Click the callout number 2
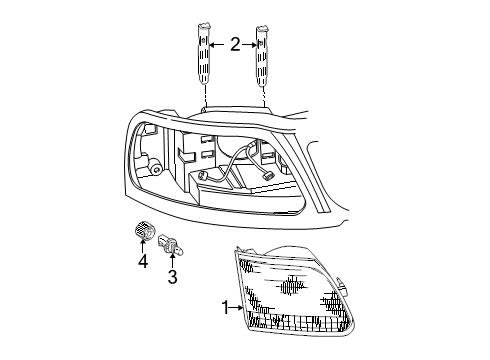click(x=235, y=45)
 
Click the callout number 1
click(x=226, y=306)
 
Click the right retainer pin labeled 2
click(x=265, y=56)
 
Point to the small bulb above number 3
click(x=170, y=240)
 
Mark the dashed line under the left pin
click(x=205, y=97)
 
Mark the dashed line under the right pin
click(x=266, y=97)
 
